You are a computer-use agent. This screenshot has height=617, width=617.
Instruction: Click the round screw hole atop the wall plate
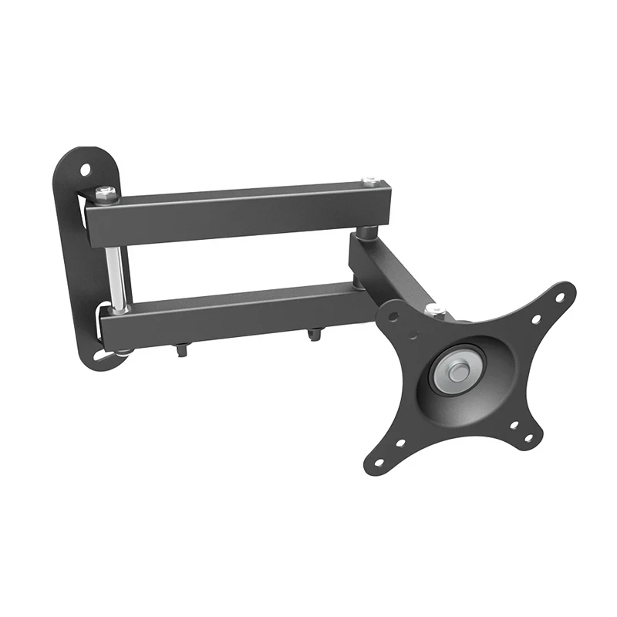(x=86, y=167)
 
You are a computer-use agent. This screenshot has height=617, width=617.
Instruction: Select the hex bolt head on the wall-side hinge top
(x=106, y=193)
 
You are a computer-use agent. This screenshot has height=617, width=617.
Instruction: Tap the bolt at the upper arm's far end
(x=371, y=182)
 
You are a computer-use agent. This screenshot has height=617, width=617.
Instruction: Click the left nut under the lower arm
(x=181, y=349)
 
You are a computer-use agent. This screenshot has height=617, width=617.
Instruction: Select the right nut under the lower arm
(x=314, y=334)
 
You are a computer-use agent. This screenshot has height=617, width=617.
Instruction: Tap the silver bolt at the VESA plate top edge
(x=436, y=309)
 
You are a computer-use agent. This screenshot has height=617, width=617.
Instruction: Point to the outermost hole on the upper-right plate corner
(x=561, y=295)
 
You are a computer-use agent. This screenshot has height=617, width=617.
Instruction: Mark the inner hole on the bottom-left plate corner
(x=400, y=443)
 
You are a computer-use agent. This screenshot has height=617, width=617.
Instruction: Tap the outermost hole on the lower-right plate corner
(x=529, y=438)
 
